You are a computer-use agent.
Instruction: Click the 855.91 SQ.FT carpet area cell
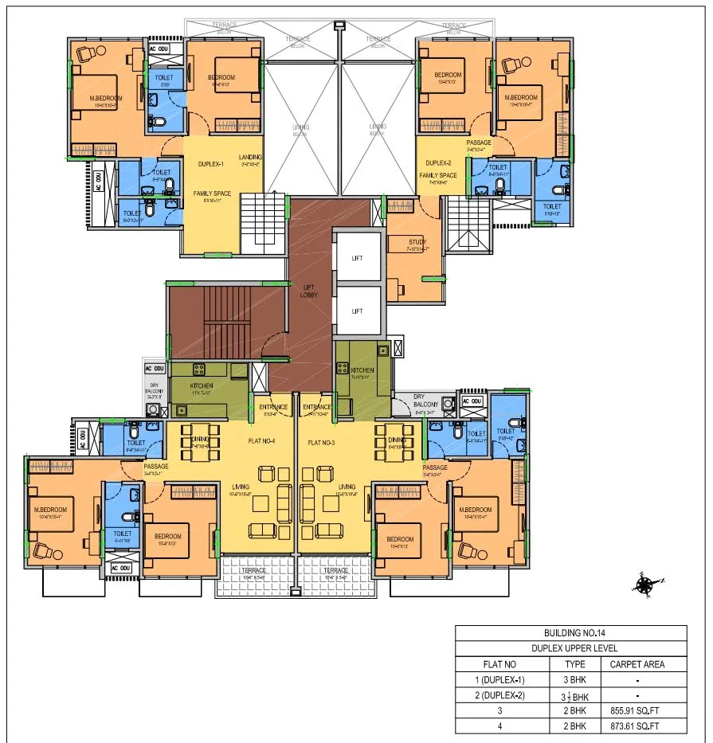click(637, 710)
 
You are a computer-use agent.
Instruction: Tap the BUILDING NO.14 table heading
click(570, 633)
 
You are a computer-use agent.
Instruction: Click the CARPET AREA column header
click(637, 664)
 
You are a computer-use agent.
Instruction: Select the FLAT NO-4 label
click(261, 441)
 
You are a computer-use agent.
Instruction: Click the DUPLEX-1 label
click(212, 164)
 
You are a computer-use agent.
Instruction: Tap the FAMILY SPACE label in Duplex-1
click(211, 194)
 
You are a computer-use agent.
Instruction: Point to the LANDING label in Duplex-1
click(249, 157)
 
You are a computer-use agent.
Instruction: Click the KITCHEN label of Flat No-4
click(202, 385)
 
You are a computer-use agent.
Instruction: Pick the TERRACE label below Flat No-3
click(335, 570)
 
